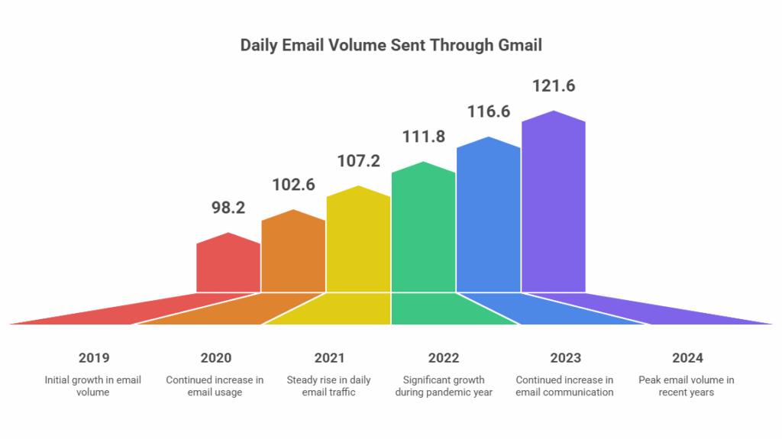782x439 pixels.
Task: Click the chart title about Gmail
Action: point(391,46)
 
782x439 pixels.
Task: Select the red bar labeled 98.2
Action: point(228,264)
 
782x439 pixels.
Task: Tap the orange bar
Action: point(293,253)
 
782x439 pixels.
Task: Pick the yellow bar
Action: point(358,240)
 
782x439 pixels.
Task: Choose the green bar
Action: point(423,229)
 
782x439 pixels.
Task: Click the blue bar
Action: point(488,216)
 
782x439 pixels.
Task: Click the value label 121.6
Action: point(554,86)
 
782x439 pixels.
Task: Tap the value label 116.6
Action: point(489,111)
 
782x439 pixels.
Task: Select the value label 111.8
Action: point(424,137)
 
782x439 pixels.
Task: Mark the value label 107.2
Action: point(359,161)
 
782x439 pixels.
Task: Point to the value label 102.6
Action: point(293,186)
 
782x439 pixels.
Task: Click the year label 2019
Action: point(93,357)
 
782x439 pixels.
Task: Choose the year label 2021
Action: point(329,357)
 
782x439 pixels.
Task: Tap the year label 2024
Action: point(687,357)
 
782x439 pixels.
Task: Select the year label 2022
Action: point(444,357)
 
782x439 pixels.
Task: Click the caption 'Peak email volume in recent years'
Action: point(687,386)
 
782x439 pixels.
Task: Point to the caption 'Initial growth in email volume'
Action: point(93,386)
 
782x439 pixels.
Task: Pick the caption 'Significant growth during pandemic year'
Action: point(444,386)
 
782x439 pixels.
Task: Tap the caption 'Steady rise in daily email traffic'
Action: point(329,386)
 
